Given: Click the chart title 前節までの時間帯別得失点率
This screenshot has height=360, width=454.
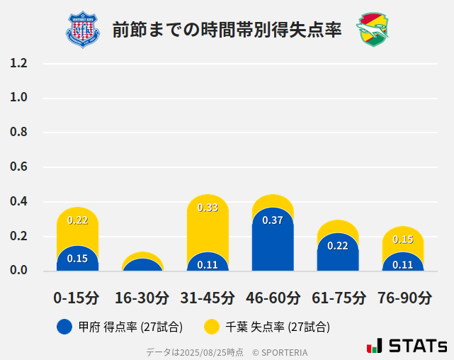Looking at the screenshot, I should (227, 30).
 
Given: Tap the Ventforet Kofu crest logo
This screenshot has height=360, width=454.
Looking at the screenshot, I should (83, 30).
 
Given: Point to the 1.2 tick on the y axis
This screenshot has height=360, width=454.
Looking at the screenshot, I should (18, 63).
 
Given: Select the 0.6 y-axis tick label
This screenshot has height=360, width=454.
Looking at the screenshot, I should (18, 167).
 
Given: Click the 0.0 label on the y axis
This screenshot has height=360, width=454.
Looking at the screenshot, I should (18, 271).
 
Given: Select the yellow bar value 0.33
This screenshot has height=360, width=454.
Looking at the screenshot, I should (208, 208).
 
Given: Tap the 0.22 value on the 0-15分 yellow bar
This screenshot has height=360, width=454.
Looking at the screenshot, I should (77, 220).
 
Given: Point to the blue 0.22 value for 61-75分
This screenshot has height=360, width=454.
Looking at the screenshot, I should (338, 246).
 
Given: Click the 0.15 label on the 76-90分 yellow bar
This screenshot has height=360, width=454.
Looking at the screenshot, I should (403, 240).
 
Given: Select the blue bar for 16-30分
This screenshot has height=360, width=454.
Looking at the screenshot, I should (142, 265).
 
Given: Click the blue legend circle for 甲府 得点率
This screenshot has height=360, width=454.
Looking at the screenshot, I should (64, 327).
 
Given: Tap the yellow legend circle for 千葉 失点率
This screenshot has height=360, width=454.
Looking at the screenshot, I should (211, 327).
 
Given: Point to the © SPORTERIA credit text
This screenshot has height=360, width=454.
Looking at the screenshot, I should (280, 351).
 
